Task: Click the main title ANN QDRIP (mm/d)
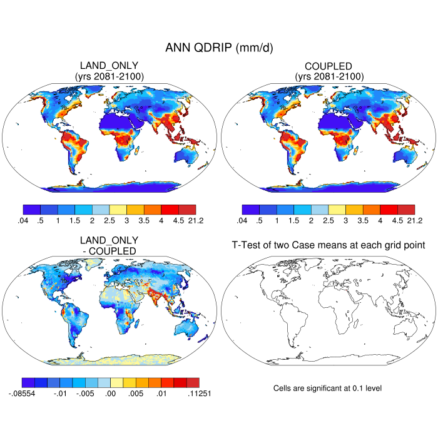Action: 219,48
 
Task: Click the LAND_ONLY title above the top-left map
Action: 109,66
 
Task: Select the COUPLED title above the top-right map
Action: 328,66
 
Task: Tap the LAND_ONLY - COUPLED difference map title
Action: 109,245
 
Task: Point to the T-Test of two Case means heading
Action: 328,246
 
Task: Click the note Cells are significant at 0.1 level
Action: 327,389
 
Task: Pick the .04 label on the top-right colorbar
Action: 241,220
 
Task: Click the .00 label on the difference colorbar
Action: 111,394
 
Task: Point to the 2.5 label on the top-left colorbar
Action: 109,220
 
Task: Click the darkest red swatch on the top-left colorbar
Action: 187,210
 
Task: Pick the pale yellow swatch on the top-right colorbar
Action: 337,210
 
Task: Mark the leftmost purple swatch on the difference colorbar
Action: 28,382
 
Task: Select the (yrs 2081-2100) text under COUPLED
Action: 328,77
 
